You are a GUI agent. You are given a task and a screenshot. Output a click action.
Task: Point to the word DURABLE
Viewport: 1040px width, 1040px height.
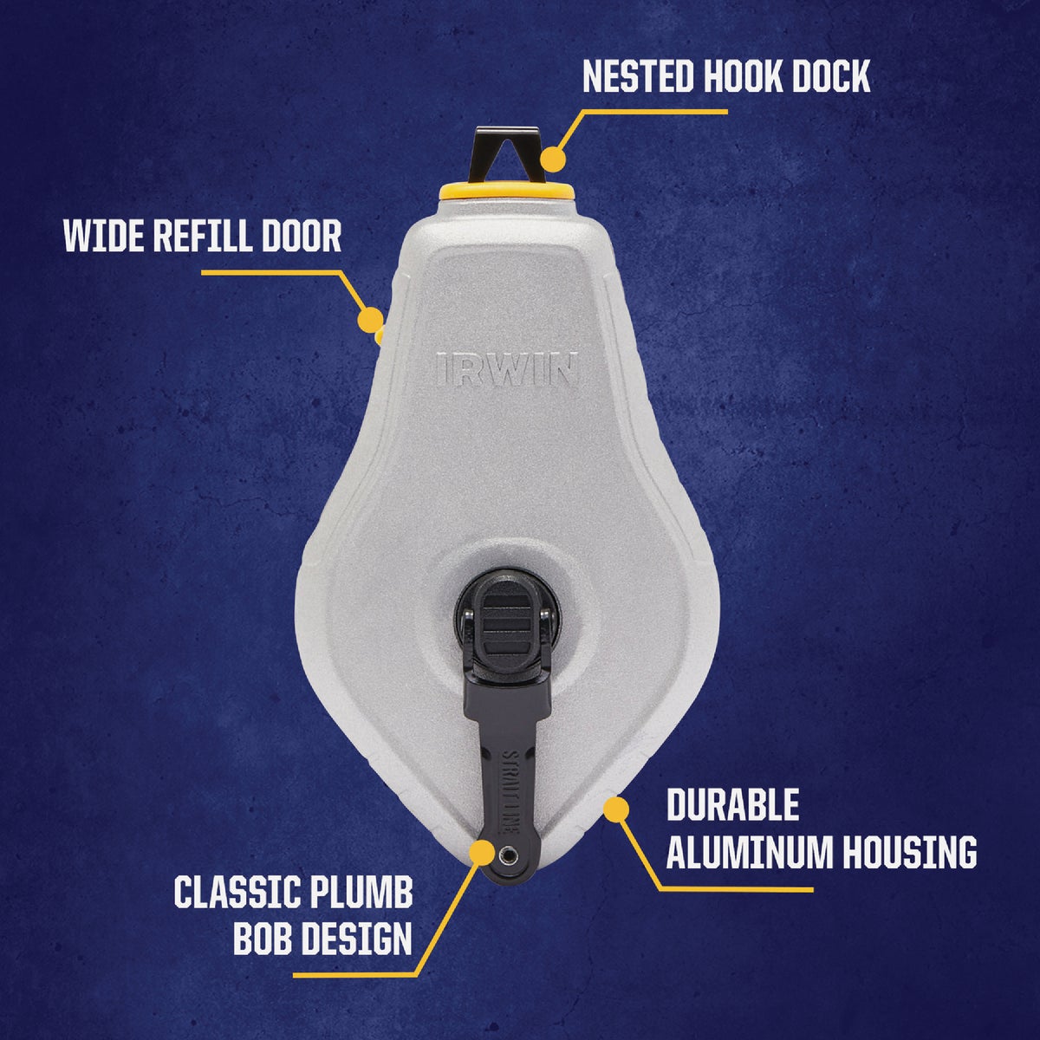click(732, 805)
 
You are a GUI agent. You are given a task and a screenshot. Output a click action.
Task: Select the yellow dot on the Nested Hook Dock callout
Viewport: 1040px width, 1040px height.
click(552, 159)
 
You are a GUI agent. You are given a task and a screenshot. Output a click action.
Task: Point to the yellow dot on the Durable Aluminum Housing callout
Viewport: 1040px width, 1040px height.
click(615, 809)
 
